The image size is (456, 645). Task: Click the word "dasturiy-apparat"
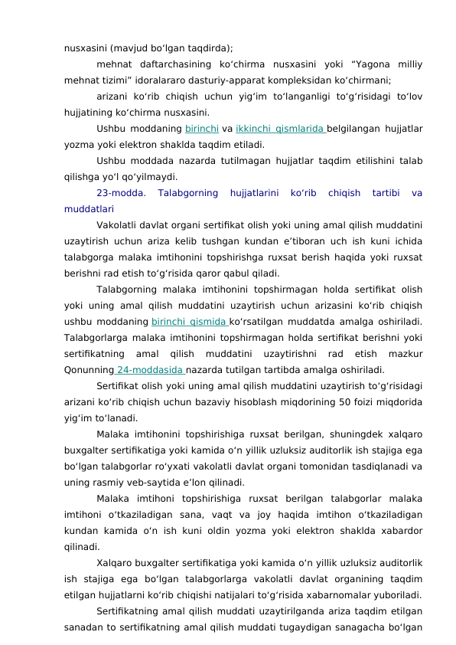click(x=210, y=78)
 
